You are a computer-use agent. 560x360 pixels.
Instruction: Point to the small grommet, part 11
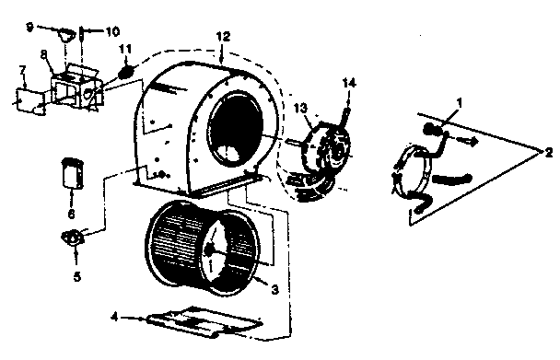(x=127, y=69)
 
